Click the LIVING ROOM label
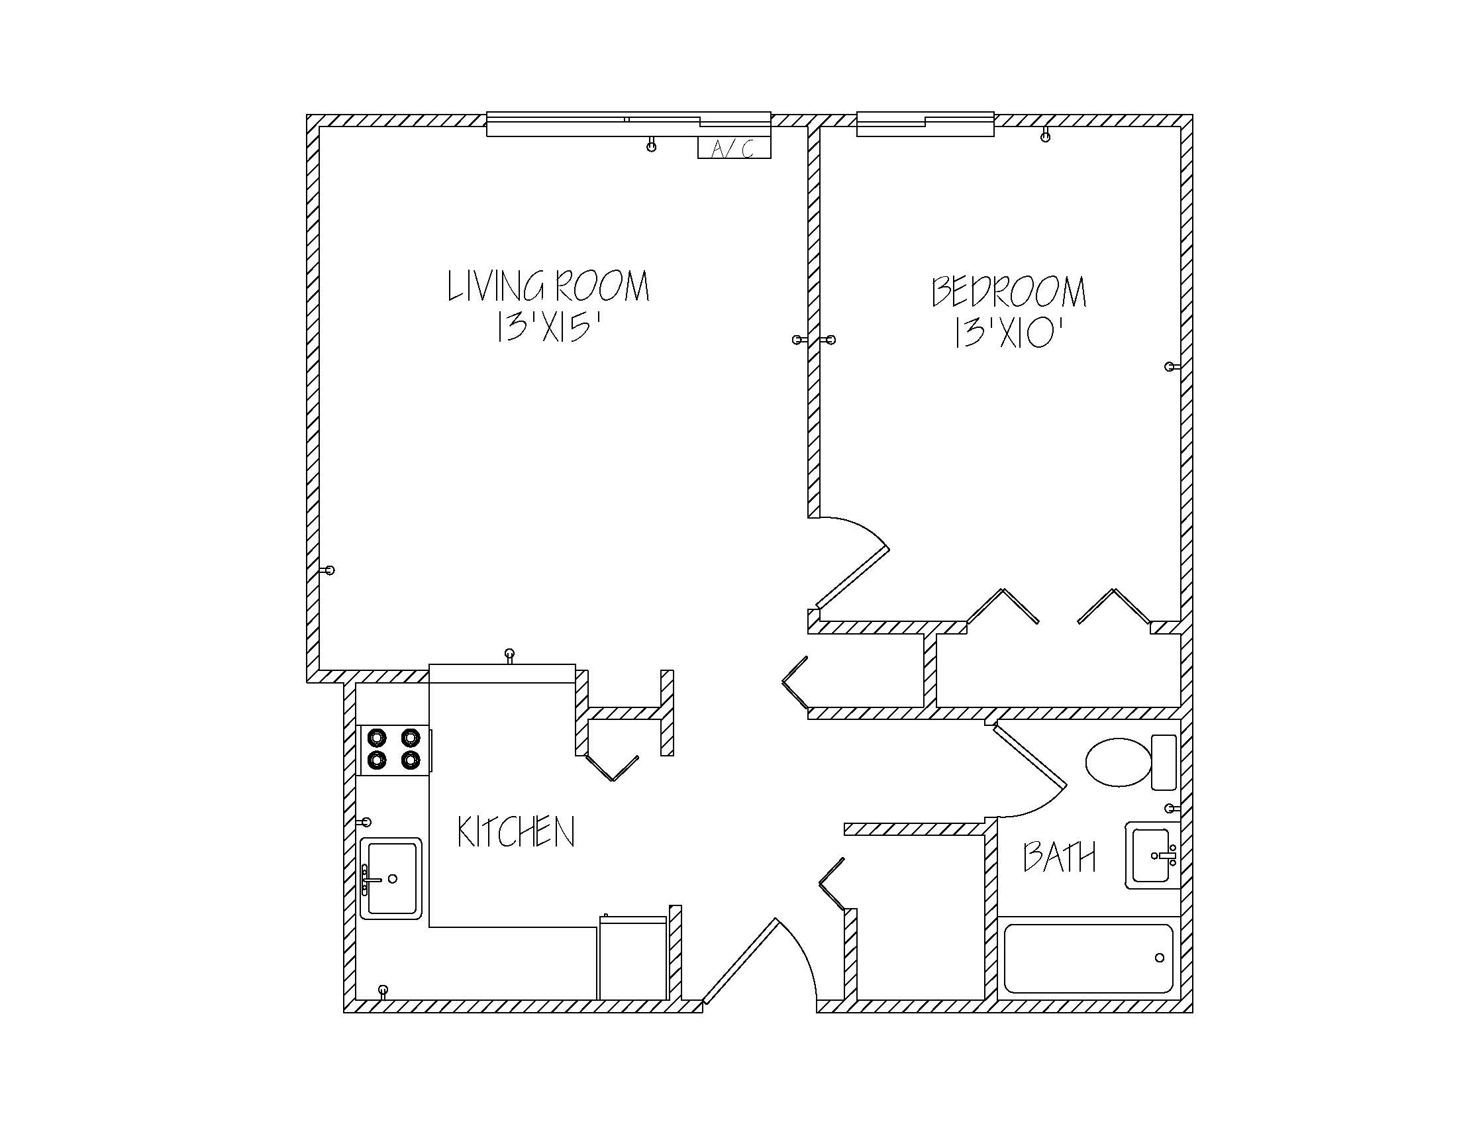point(548,286)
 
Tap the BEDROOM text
point(1009,292)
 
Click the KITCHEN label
point(516,833)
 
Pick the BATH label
point(1060,857)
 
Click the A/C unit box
point(734,148)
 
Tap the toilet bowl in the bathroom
point(1118,762)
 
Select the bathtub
point(1088,958)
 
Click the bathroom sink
point(1152,855)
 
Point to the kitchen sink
point(391,878)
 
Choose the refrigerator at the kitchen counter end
point(632,958)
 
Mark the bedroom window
point(925,125)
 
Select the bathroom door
point(1029,756)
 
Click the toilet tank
point(1164,762)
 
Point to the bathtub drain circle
point(1160,958)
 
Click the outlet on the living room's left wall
point(328,570)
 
